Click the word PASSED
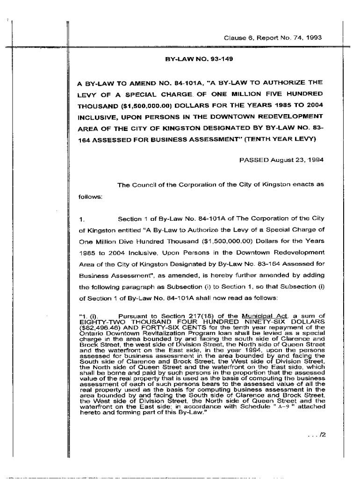tap(252, 160)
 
